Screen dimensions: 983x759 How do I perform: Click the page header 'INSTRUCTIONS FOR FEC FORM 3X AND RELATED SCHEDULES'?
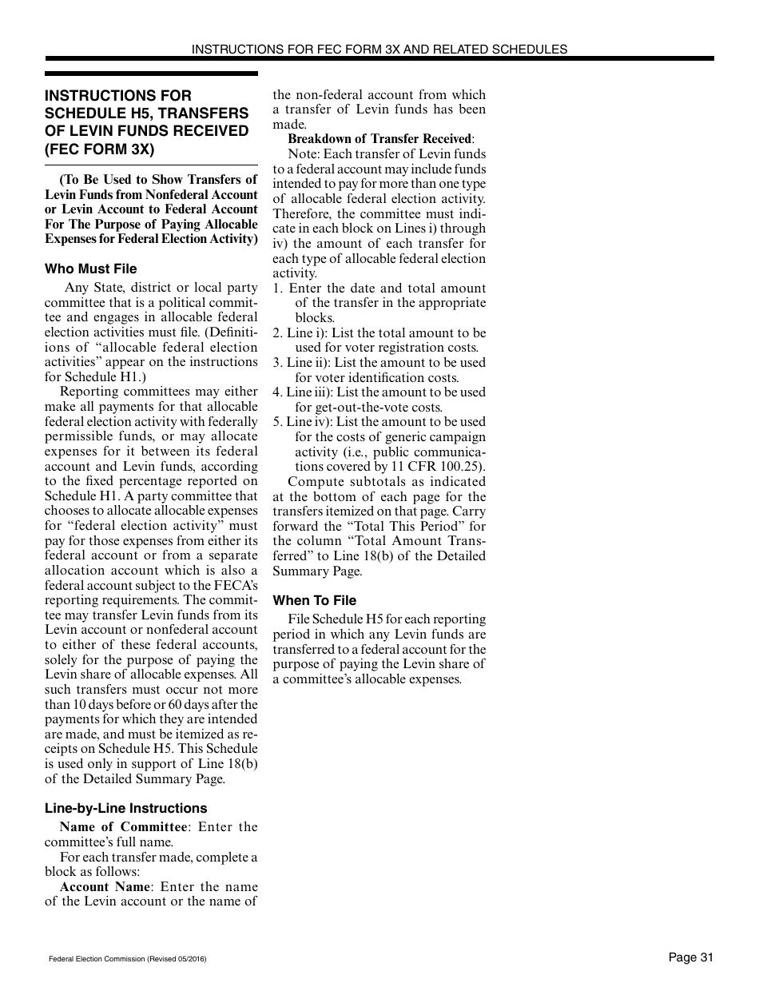[x=379, y=49]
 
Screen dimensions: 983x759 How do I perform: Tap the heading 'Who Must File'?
[x=90, y=269]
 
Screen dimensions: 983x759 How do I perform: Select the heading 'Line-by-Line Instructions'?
[x=125, y=808]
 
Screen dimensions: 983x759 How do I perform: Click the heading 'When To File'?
[x=314, y=600]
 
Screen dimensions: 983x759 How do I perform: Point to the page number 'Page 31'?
[x=690, y=957]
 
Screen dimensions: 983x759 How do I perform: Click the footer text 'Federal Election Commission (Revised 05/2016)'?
[x=127, y=959]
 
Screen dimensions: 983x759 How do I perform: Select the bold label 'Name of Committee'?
[x=123, y=827]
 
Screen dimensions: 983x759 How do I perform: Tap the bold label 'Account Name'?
[x=105, y=886]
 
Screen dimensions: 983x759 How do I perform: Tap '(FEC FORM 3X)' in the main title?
[x=99, y=149]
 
